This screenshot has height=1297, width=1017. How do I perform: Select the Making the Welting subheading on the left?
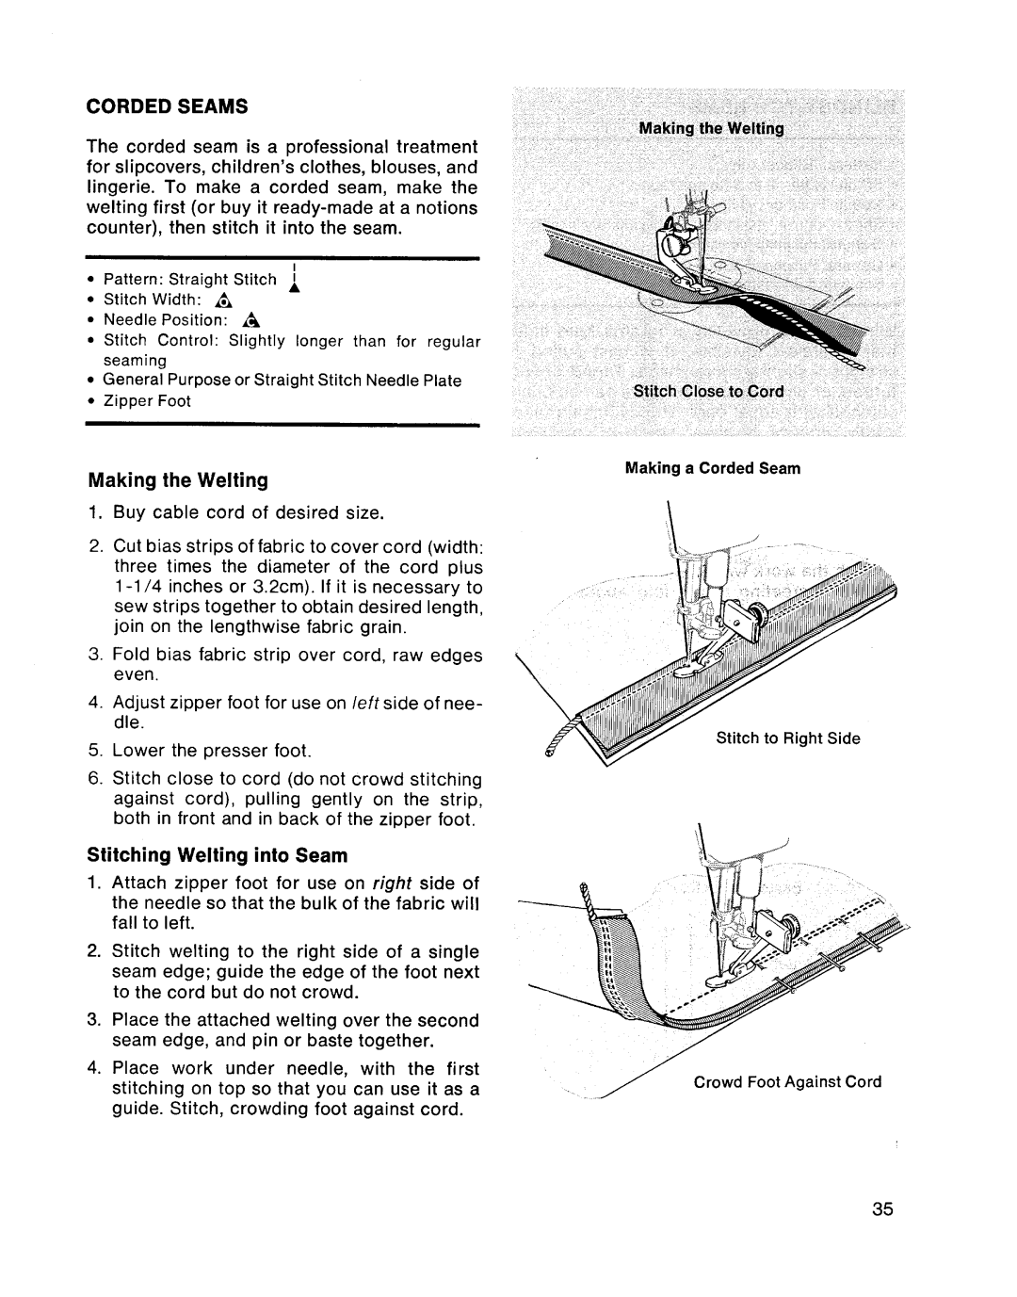[178, 480]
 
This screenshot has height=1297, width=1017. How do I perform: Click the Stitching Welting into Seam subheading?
[218, 855]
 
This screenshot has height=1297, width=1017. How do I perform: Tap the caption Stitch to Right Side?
[788, 738]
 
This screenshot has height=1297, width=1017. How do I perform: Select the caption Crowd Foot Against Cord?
[787, 1082]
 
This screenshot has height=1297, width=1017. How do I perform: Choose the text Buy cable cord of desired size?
[248, 513]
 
